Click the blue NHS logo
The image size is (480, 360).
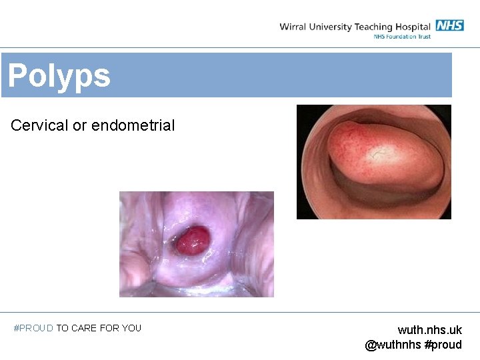pyautogui.click(x=449, y=26)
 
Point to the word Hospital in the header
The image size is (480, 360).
pyautogui.click(x=414, y=27)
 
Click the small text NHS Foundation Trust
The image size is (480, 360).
pyautogui.click(x=402, y=37)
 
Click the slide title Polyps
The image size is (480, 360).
pyautogui.click(x=59, y=76)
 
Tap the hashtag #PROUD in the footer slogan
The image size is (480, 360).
pyautogui.click(x=33, y=328)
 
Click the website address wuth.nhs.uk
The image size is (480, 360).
pyautogui.click(x=429, y=330)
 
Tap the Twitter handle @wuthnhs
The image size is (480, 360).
pyautogui.click(x=393, y=345)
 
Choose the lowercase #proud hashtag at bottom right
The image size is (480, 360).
pyautogui.click(x=443, y=345)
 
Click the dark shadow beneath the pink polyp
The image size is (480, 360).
pyautogui.click(x=373, y=197)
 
